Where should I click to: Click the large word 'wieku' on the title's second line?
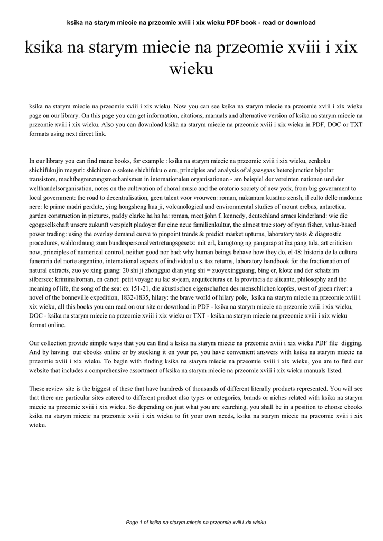(191, 69)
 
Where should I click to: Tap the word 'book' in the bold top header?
(253, 23)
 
